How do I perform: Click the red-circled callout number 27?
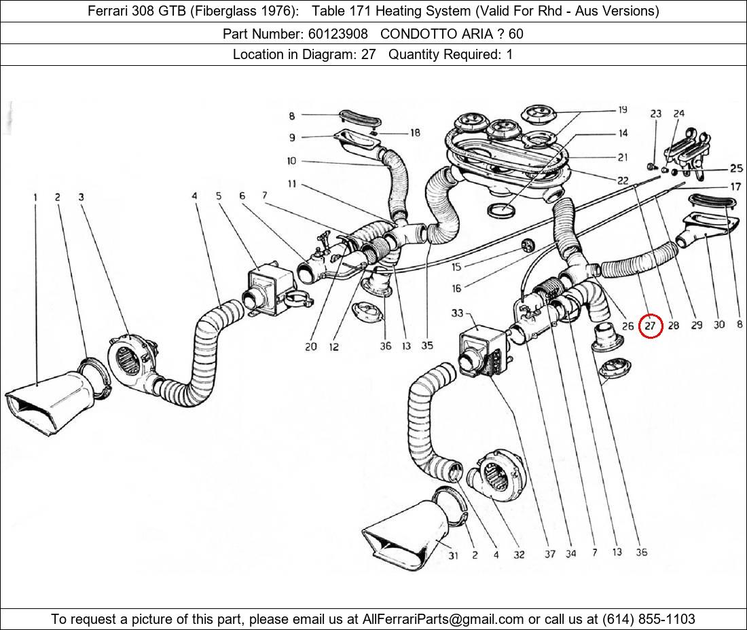[x=651, y=326]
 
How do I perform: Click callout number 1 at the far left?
[x=35, y=198]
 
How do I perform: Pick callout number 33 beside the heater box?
[x=456, y=313]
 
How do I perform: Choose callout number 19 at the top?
[x=622, y=110]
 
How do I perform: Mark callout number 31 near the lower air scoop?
[x=453, y=556]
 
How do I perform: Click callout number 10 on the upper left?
[x=291, y=161]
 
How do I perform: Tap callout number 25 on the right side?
[x=736, y=168]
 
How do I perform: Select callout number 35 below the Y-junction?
[x=426, y=346]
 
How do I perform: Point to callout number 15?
[x=456, y=267]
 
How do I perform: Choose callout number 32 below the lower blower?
[x=519, y=555]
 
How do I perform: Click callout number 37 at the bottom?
[x=549, y=553]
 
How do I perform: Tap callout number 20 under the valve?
[x=310, y=346]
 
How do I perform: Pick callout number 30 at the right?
[x=719, y=325]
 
